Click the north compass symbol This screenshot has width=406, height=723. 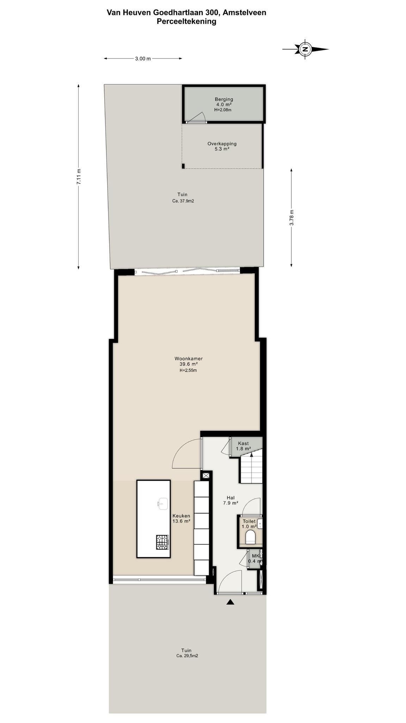(305, 49)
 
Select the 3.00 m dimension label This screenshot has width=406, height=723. (143, 59)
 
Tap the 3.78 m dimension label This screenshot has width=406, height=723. (291, 217)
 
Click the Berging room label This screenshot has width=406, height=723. (224, 99)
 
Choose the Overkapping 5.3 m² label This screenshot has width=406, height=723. (222, 146)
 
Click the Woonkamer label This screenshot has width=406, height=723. (189, 359)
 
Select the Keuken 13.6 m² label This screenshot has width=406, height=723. (181, 518)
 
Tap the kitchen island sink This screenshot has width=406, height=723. (162, 504)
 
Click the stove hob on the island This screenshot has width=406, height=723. (162, 542)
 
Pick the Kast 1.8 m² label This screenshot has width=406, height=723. (243, 446)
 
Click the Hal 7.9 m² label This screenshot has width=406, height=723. (230, 500)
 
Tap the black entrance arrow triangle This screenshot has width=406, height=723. (230, 602)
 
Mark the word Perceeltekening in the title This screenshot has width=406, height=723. (186, 21)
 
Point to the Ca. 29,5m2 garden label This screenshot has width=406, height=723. (187, 656)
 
